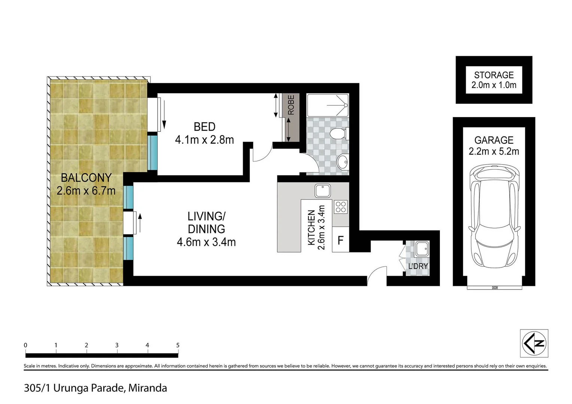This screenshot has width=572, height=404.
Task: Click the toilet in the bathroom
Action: (x=340, y=134)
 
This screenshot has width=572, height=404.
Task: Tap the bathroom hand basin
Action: (x=343, y=162)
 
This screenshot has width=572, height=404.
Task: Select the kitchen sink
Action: (x=322, y=190)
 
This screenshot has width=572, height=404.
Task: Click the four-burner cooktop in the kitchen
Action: (x=341, y=207)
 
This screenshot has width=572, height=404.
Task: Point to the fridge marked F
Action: (x=340, y=240)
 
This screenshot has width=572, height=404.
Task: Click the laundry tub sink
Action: (x=422, y=249)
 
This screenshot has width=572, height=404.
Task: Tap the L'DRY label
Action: (x=418, y=266)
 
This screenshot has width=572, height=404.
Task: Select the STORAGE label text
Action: (x=494, y=75)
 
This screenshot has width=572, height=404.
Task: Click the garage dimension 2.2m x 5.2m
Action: (x=494, y=151)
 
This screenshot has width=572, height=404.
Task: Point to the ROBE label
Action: (x=291, y=105)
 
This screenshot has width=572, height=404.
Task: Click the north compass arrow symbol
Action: (x=534, y=343)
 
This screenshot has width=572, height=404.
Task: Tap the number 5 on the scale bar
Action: (x=178, y=345)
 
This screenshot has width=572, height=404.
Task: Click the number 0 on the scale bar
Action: (x=25, y=345)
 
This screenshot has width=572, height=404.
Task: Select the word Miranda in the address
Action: (x=147, y=388)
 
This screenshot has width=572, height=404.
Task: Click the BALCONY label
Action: (x=86, y=178)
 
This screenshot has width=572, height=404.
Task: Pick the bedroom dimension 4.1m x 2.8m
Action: (x=204, y=140)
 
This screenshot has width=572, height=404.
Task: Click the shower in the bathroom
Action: (x=328, y=105)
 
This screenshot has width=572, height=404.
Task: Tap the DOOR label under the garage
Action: (x=495, y=288)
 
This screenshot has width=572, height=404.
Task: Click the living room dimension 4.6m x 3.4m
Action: (x=206, y=242)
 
